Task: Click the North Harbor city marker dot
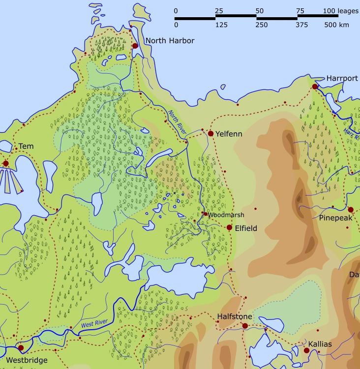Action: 135,46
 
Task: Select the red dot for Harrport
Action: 315,86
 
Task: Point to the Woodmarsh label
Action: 226,215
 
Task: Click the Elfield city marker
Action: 229,227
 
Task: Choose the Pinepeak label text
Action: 336,218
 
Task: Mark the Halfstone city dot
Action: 245,326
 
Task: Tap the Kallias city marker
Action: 306,350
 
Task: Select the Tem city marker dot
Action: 6,163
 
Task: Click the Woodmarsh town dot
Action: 206,214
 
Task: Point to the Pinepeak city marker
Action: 351,209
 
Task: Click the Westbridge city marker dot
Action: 21,348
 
